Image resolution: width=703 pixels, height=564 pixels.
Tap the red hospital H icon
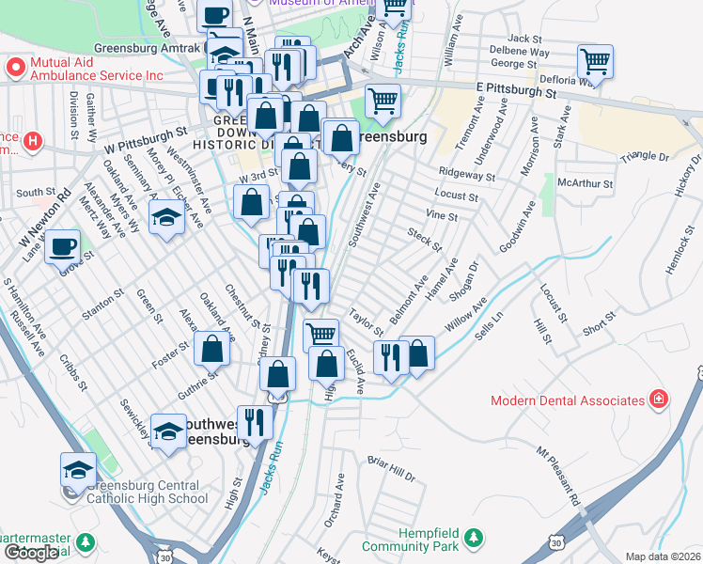33,142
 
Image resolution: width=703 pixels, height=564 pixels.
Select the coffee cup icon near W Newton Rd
63,247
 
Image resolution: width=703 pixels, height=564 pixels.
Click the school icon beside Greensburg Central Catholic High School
79,470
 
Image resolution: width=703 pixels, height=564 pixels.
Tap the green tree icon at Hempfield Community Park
476,538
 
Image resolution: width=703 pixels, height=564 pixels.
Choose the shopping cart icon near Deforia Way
595,62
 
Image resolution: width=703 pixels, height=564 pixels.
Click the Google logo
32,552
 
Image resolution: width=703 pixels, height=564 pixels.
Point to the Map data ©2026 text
663,556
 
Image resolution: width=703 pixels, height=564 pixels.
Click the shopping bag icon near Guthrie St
213,349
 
